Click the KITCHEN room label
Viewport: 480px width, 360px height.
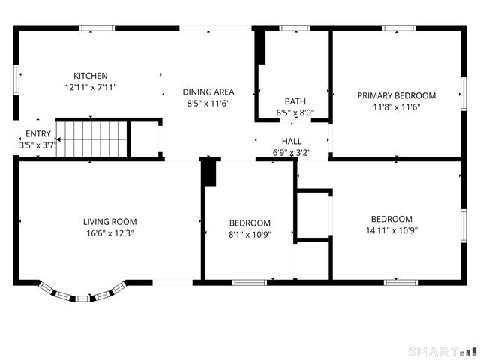[x=90, y=76]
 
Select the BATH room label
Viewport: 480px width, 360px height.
[x=295, y=101]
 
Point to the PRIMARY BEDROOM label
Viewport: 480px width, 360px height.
[x=396, y=95]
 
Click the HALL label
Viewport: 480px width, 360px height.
[x=292, y=141]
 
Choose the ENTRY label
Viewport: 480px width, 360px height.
[x=38, y=134]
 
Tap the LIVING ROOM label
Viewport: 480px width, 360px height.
[x=109, y=221]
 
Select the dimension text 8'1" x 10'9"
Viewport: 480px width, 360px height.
[x=250, y=234]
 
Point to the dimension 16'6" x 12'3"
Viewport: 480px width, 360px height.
[x=109, y=232]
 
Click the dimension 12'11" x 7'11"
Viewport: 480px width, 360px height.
[x=90, y=87]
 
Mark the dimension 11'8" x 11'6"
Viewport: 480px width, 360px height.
[x=396, y=106]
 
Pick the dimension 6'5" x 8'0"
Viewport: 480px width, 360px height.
[x=295, y=113]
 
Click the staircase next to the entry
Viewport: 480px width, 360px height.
[x=94, y=139]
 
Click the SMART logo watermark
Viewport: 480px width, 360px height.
[x=441, y=350]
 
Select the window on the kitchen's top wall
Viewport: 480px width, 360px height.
[x=97, y=28]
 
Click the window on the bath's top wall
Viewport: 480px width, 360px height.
[x=295, y=28]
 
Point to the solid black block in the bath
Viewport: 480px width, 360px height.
[x=262, y=48]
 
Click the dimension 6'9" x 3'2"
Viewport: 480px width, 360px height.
[x=292, y=152]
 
